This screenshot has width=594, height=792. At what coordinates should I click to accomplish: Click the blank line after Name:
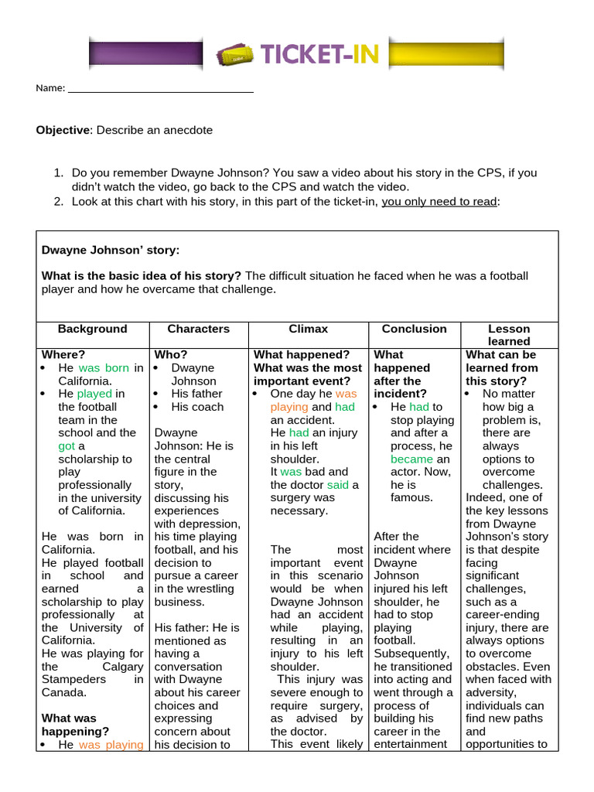161,89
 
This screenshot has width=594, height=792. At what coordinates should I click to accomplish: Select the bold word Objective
63,130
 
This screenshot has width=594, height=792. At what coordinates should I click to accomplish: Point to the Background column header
92,329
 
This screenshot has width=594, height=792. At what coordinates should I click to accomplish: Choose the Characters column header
199,329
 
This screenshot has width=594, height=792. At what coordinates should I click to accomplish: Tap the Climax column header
309,329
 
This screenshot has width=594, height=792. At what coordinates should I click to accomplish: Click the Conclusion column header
415,329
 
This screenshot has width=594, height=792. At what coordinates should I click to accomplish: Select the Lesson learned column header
508,335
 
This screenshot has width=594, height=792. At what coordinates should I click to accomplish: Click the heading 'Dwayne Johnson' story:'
110,250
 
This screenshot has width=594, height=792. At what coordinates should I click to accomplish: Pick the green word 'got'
67,446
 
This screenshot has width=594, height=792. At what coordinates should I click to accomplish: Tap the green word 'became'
412,459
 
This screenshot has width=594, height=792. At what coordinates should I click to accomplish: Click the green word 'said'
338,485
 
